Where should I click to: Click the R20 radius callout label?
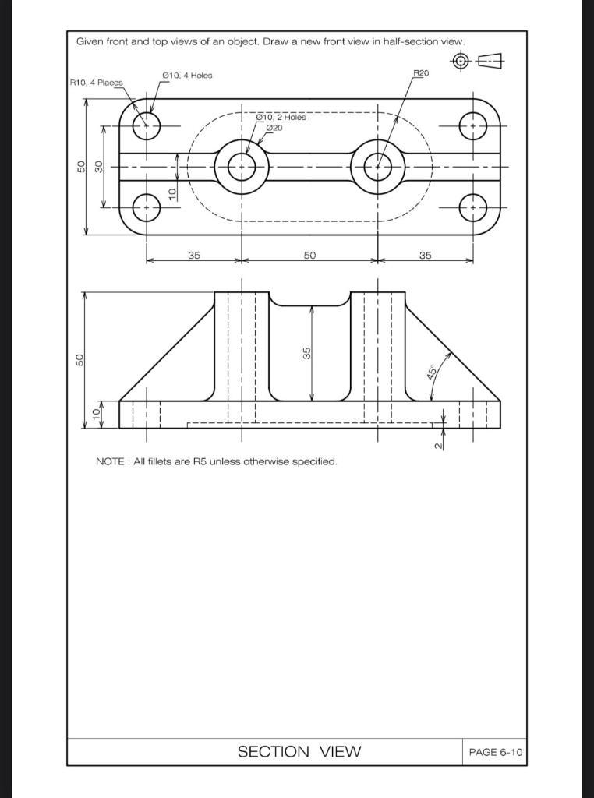click(420, 72)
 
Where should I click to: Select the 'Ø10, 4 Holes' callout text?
click(187, 76)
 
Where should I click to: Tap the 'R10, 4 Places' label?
click(96, 83)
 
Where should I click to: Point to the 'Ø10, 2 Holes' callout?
click(281, 118)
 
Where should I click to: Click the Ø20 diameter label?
click(274, 128)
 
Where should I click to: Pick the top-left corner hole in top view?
click(146, 125)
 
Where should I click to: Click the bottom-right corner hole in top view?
click(473, 207)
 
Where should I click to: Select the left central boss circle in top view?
click(242, 166)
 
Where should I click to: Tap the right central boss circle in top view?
click(378, 166)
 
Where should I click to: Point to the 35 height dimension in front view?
click(308, 353)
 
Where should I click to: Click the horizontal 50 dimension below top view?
click(309, 255)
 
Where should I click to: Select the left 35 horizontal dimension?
click(193, 255)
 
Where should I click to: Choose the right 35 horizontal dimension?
click(425, 255)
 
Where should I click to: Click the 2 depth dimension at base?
click(438, 445)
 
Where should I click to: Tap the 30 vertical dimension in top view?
click(99, 167)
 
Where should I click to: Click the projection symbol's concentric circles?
click(461, 61)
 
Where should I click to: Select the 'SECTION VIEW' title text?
click(299, 751)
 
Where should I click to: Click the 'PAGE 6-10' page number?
click(495, 752)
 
